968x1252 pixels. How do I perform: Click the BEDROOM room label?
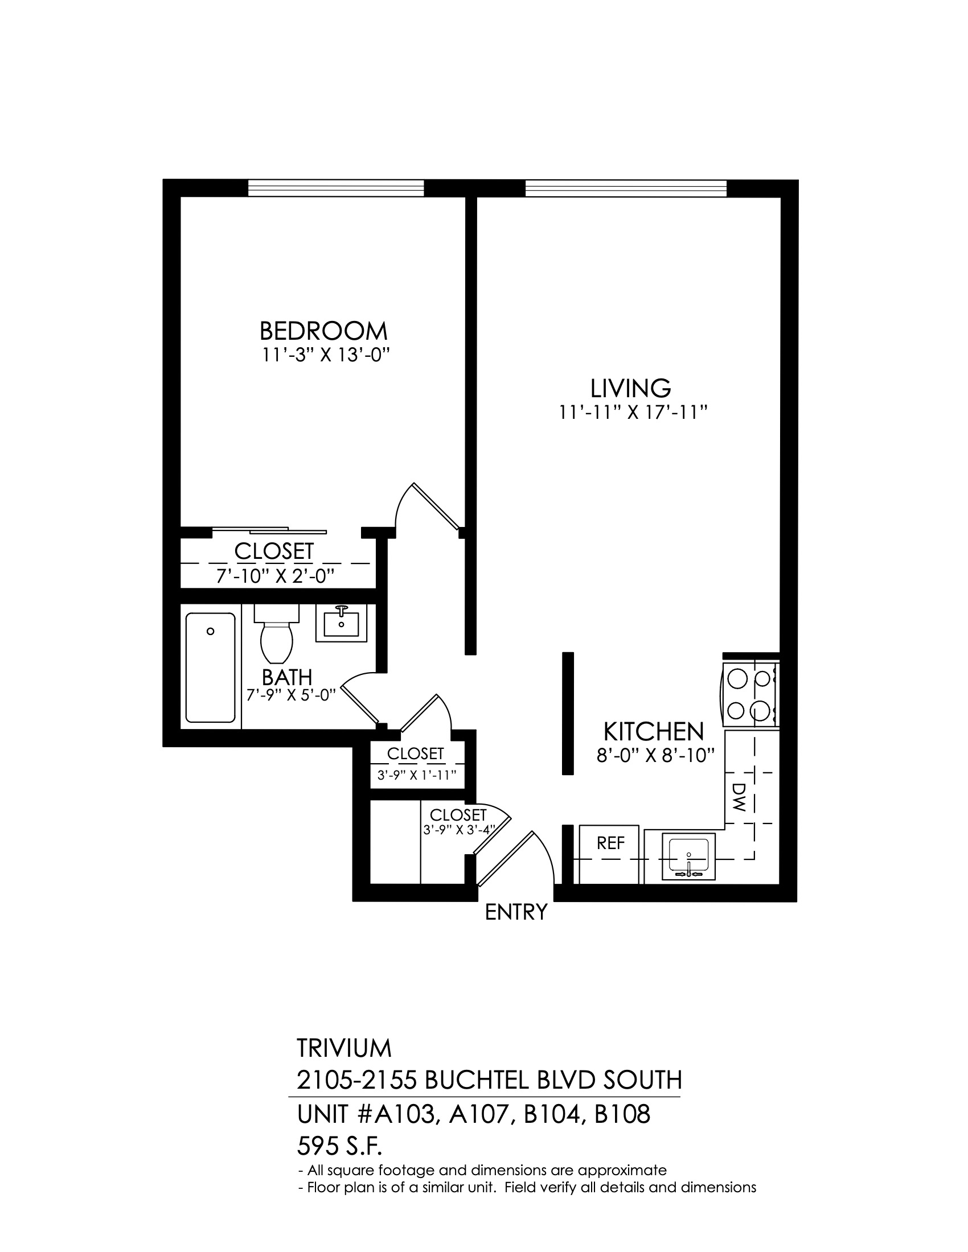pos(323,331)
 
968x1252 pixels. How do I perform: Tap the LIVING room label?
pos(631,389)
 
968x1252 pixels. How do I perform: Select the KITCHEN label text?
pos(654,732)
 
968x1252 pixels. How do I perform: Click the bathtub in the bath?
pos(211,668)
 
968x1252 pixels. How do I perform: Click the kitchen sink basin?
pos(689,856)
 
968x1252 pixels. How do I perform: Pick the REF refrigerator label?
pos(611,843)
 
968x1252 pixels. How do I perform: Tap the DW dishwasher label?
pos(739,797)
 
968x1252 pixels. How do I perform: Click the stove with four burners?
pos(750,695)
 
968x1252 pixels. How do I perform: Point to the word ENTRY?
pos(516,912)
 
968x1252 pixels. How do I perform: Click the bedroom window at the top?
pos(336,188)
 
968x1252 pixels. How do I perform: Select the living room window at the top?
pos(626,188)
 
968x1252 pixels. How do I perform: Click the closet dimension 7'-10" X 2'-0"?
pos(275,576)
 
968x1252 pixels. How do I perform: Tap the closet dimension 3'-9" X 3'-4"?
pos(459,829)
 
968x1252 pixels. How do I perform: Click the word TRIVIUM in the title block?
pos(344,1048)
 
